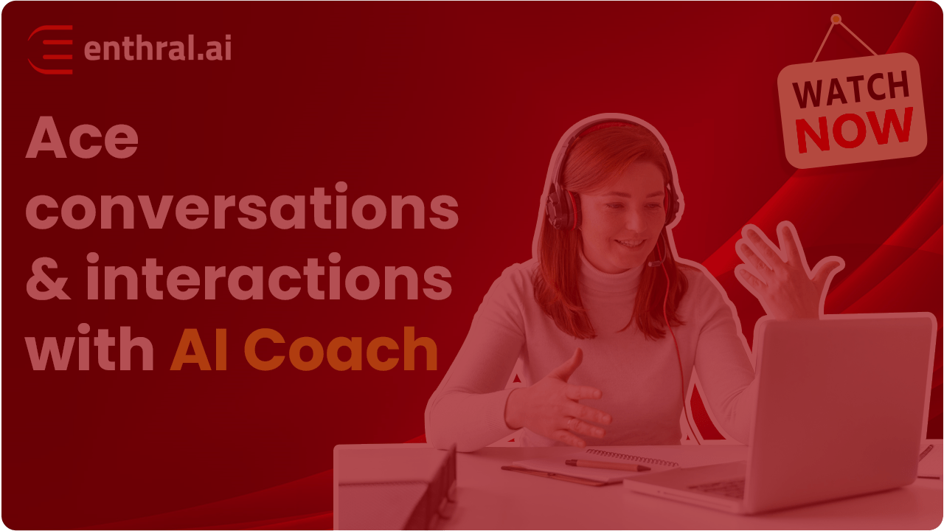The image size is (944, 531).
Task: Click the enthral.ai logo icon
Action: tap(50, 49)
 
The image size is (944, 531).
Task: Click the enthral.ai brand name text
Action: tap(158, 48)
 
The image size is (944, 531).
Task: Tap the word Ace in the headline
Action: tap(82, 137)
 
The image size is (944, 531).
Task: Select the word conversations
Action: tap(242, 207)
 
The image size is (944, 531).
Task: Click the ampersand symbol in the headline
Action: tap(48, 279)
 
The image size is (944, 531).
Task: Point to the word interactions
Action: tap(269, 277)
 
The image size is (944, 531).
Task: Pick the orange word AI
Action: tap(199, 349)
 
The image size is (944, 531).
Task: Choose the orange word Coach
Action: tap(341, 348)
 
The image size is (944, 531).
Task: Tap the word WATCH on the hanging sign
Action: tap(851, 89)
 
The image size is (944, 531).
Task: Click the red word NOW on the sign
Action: tap(855, 130)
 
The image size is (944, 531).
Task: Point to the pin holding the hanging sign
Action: tap(836, 19)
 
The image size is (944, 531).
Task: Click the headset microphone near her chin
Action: tap(654, 264)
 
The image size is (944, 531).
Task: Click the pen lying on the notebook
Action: tap(608, 465)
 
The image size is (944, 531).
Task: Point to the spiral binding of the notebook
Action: tap(631, 457)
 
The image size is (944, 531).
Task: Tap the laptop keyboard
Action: tap(716, 489)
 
